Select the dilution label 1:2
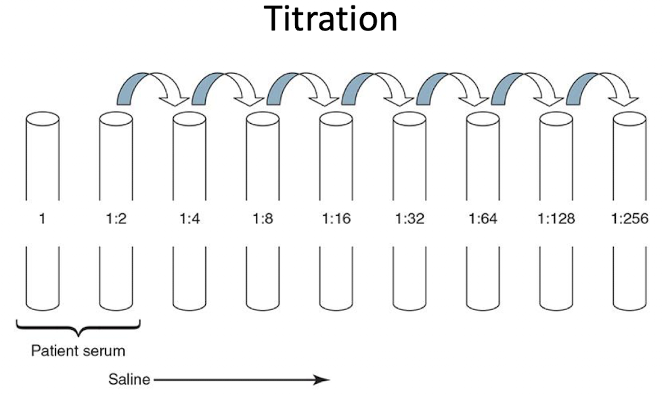116,219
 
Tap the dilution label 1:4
189,219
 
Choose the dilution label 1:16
335,219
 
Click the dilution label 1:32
409,219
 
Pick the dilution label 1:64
483,219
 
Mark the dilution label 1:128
556,219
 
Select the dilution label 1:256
629,219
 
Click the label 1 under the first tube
43,219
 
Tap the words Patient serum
79,351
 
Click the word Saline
129,379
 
